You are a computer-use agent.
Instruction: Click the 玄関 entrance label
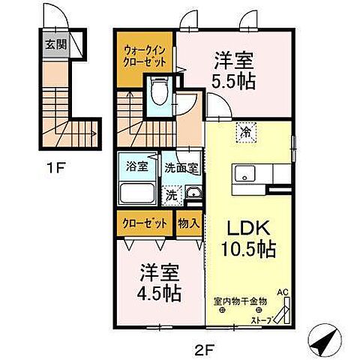pyautogui.click(x=56, y=43)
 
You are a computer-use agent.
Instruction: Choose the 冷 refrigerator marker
pyautogui.click(x=245, y=131)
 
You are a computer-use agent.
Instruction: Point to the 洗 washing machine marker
pyautogui.click(x=172, y=196)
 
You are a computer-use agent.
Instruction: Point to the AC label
pyautogui.click(x=283, y=293)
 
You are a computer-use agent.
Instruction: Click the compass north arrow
pyautogui.click(x=323, y=343)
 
